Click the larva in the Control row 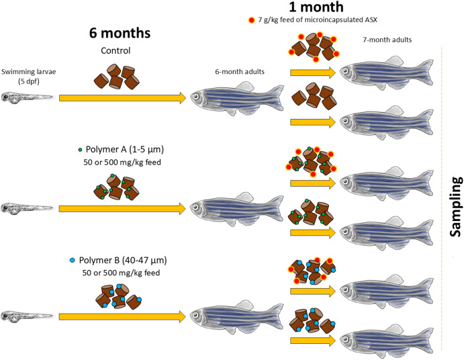point(26,98)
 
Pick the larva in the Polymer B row point(26,314)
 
